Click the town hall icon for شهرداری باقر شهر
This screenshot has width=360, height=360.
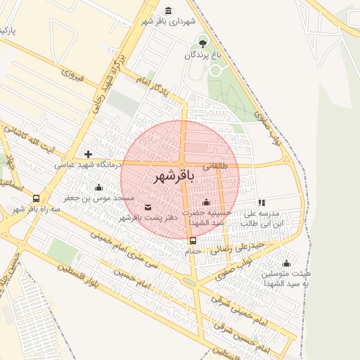coord(168,11)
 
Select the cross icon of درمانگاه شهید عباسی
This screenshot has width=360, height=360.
coord(88,154)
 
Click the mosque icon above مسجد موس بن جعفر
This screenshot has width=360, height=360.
coord(98,188)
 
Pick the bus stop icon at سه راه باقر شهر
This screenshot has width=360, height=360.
coord(37,199)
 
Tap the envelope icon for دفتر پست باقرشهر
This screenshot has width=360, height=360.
coord(148,207)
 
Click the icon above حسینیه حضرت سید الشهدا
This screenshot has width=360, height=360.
coord(206,202)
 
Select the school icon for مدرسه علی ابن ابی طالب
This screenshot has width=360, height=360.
coord(262,202)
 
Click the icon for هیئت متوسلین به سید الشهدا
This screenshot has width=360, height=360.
coord(286,264)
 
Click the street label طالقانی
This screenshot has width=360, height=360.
coord(215,167)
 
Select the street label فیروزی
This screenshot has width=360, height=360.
coord(72,72)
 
